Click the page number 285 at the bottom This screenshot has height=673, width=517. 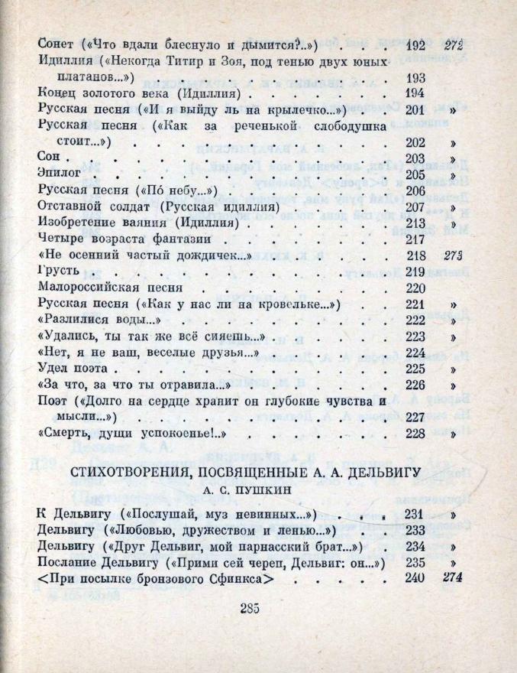click(250, 609)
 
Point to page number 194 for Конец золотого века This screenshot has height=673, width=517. click(413, 93)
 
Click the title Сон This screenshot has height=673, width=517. click(47, 158)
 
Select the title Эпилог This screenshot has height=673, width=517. click(58, 174)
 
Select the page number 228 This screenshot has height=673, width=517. click(413, 434)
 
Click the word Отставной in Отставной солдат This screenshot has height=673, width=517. click(69, 206)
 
